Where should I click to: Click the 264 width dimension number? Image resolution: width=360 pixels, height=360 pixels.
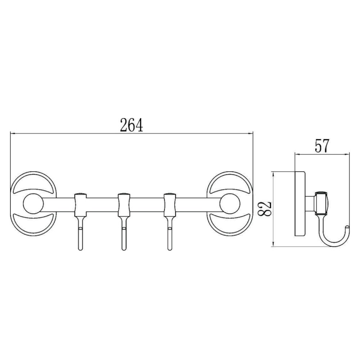click(131, 125)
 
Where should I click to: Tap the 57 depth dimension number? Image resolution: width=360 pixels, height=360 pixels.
click(322, 146)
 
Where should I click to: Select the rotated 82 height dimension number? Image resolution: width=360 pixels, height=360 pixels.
click(265, 209)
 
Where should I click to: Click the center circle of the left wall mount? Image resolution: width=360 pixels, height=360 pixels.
click(33, 204)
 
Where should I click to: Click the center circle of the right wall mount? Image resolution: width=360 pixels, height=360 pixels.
click(230, 204)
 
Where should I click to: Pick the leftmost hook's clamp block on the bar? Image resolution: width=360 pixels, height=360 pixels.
click(80, 205)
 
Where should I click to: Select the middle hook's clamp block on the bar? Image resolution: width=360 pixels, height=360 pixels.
click(124, 205)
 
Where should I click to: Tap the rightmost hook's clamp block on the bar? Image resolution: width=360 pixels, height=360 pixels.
click(170, 205)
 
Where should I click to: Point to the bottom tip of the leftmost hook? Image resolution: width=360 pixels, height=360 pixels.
click(80, 249)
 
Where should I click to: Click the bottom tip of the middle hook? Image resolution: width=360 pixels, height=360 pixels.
click(124, 249)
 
